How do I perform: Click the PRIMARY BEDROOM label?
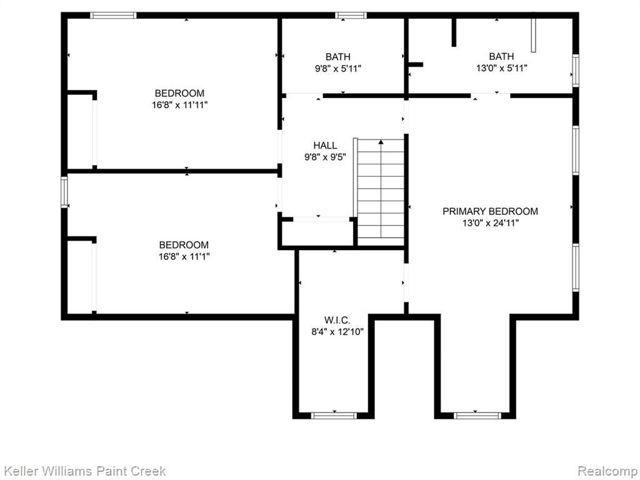coord(490,211)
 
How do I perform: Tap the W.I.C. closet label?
coord(337,320)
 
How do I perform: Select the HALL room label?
coord(325,145)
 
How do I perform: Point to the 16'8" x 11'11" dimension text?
coord(179,105)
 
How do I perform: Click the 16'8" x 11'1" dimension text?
coord(184,257)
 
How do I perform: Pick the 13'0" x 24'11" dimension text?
coord(490,223)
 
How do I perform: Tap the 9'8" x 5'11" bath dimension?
coord(338,69)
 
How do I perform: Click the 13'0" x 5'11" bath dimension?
coord(502,68)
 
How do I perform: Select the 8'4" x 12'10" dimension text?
coord(337,332)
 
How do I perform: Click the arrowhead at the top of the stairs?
coord(381,142)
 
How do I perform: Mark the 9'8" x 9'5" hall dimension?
coord(325,157)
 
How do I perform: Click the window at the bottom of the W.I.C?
coord(334,416)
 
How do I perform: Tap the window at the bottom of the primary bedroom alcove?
coord(477,416)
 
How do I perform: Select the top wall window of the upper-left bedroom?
coord(113,16)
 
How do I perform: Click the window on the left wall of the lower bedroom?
coord(64,192)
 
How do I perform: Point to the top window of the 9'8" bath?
coord(351,16)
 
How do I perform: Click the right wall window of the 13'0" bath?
coord(576,71)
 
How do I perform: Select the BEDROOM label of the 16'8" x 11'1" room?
coord(184,245)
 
